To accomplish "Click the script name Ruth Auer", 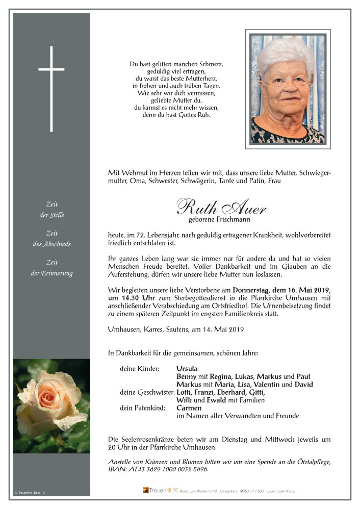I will coord(221,207).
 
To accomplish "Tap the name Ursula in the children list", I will coord(187,368).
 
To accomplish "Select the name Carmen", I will coord(189,408).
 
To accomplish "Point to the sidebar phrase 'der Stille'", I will coord(52,215).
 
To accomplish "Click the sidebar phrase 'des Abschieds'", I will coord(52,244).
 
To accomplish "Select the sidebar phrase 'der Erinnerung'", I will coord(52,273).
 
